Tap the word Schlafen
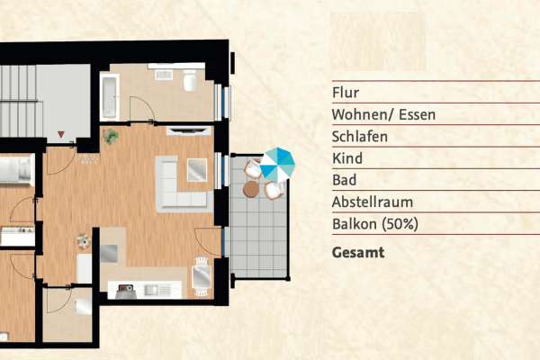pos(360,137)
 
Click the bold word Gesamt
pos(358,253)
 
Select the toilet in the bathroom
pos(190,84)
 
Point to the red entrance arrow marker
pos(61,135)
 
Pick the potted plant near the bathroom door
pos(112,137)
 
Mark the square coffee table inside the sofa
pos(196,167)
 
